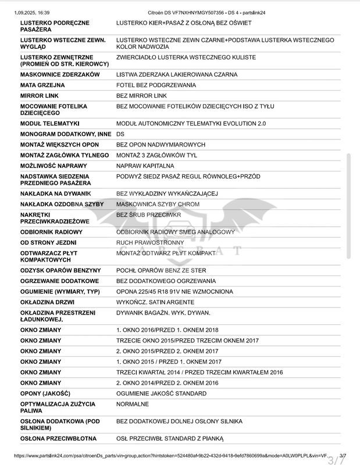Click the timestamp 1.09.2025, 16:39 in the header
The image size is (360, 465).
click(x=32, y=12)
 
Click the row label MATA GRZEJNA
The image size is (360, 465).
click(x=42, y=85)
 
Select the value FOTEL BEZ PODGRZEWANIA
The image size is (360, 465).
click(x=156, y=85)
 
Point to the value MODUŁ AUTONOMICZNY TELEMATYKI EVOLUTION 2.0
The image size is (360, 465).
click(x=191, y=123)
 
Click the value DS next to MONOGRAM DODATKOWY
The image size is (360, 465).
click(x=120, y=134)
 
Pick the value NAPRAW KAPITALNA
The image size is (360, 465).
click(x=145, y=166)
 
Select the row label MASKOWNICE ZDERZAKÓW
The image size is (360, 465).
click(x=60, y=74)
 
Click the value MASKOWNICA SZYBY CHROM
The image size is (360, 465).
click(x=158, y=204)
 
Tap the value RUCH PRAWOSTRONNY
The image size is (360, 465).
click(x=150, y=242)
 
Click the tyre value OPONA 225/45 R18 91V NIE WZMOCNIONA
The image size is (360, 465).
click(x=174, y=291)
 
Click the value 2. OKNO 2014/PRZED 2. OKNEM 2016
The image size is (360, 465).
click(x=167, y=382)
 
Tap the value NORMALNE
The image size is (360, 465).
click(x=133, y=403)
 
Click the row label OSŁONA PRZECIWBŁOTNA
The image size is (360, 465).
click(x=58, y=438)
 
